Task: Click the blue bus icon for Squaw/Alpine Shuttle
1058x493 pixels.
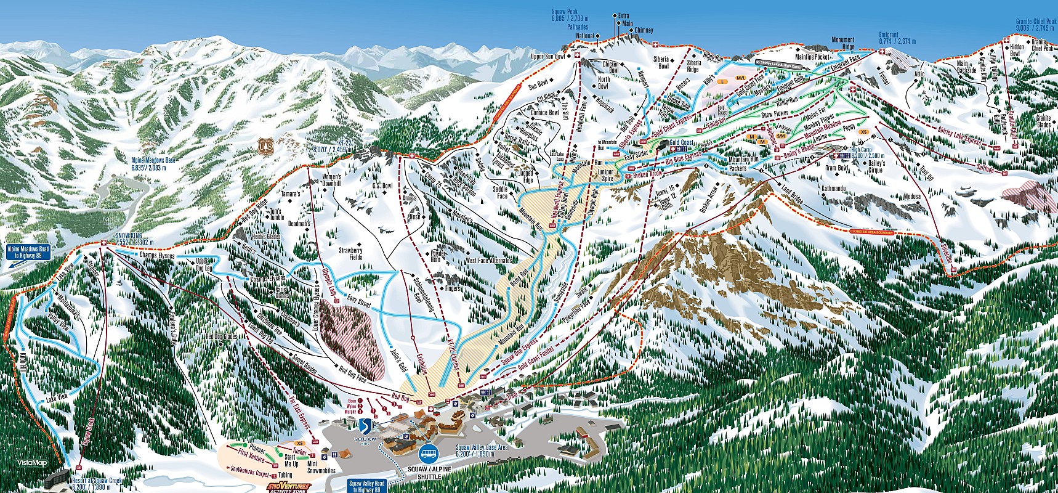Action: pyautogui.click(x=429, y=454)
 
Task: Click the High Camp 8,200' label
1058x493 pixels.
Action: pyautogui.click(x=866, y=152)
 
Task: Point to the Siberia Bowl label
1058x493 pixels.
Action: pyautogui.click(x=663, y=62)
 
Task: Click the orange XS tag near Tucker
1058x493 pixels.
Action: pyautogui.click(x=300, y=443)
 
